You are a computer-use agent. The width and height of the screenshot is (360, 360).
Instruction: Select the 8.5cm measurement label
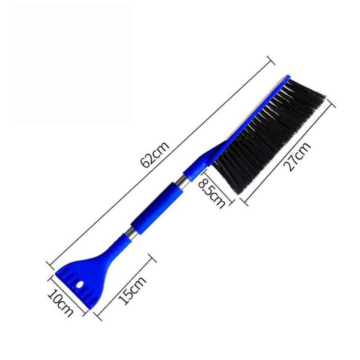[x=212, y=192]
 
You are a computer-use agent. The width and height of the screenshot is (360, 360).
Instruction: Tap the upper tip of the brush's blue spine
[x=287, y=77]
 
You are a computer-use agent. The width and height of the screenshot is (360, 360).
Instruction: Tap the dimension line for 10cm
[x=67, y=295]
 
